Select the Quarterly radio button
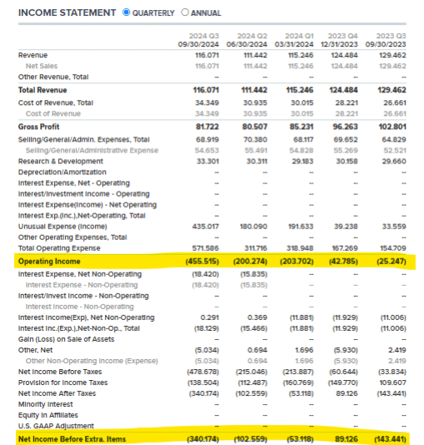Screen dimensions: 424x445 127,12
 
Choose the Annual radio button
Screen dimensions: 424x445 185,12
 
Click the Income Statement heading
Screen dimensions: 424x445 67,12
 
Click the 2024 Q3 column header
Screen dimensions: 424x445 204,36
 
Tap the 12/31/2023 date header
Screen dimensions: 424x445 339,44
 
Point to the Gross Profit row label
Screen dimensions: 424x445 39,127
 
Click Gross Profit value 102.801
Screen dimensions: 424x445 392,127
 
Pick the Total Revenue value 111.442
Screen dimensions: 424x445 254,90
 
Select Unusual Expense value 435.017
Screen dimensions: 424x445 206,227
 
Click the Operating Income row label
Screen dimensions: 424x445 49,262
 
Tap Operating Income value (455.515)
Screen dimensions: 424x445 202,262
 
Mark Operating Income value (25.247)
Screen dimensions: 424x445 392,262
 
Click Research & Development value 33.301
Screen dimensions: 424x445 208,161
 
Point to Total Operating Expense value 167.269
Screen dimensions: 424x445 345,248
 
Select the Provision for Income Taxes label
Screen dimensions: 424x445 63,382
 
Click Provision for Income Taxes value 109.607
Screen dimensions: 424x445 393,382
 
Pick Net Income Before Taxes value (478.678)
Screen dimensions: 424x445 202,372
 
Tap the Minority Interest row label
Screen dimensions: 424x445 46,404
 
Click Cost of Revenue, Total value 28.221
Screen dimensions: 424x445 347,102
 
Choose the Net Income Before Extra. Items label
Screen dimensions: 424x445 72,439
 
